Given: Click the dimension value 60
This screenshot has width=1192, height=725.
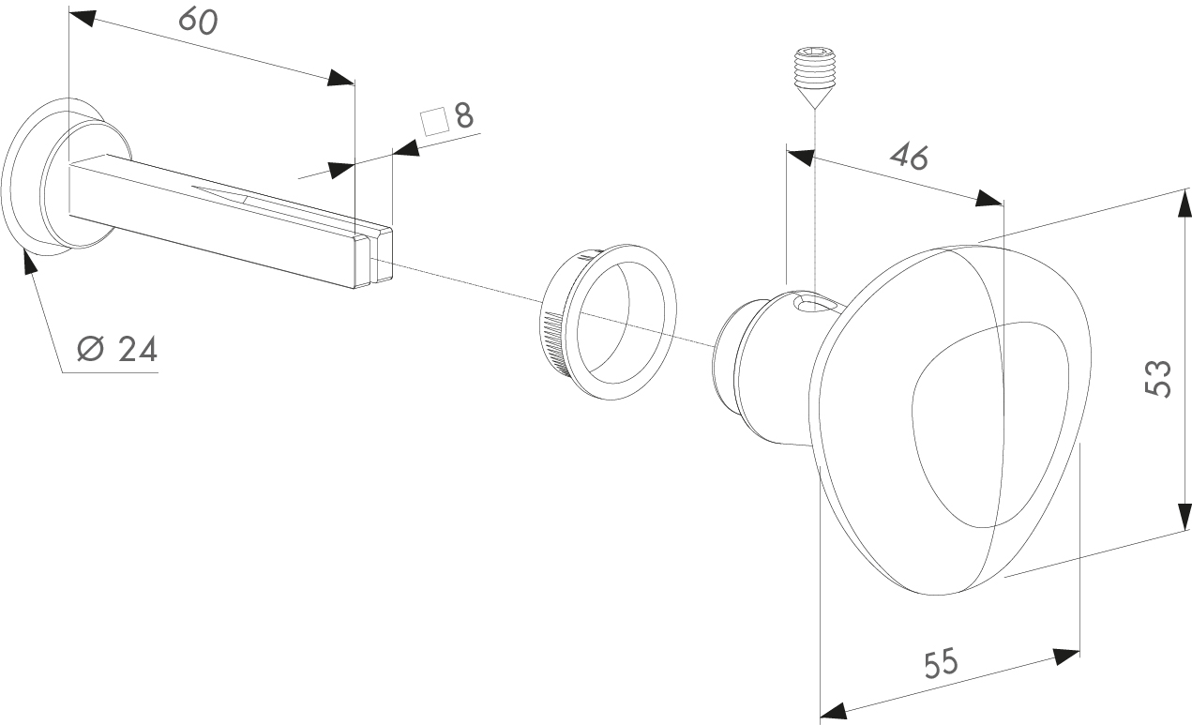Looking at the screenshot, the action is pos(198,22).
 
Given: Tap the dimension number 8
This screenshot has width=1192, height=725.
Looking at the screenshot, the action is pos(464,115).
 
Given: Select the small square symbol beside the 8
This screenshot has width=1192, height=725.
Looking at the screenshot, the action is pos(433,122).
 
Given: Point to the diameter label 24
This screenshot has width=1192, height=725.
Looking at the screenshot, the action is pos(137,350).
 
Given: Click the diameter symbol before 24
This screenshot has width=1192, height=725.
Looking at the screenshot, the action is pos(90,348).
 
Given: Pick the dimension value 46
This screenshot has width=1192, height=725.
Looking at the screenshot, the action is pos(910,158).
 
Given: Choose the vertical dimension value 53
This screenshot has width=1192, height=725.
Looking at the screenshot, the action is pos(1158,379).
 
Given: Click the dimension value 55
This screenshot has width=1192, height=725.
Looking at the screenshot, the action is pos(941,663).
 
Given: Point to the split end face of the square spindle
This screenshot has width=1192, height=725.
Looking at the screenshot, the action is pos(373,258).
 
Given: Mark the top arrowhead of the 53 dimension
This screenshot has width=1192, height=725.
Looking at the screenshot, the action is pos(1185,203).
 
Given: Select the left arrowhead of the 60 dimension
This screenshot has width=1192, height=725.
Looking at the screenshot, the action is pos(83,18).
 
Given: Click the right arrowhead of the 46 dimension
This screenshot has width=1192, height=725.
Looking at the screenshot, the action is pos(989,199).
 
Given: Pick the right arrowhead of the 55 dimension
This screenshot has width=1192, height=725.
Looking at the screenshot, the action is pos(1066,657).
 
